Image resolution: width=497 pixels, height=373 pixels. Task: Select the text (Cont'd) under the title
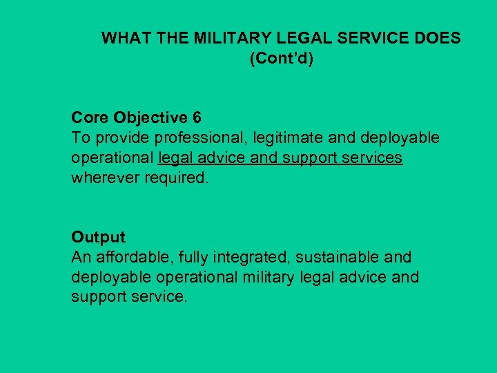[281, 59]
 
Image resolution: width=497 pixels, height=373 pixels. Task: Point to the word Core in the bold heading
[90, 117]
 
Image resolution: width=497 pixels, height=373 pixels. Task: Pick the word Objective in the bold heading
[150, 117]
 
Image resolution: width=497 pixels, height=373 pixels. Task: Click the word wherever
[104, 178]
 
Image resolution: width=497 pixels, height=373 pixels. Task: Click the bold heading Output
[98, 237]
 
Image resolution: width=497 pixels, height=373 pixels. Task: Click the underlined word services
[374, 157]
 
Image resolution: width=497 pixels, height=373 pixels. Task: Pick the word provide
[114, 137]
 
